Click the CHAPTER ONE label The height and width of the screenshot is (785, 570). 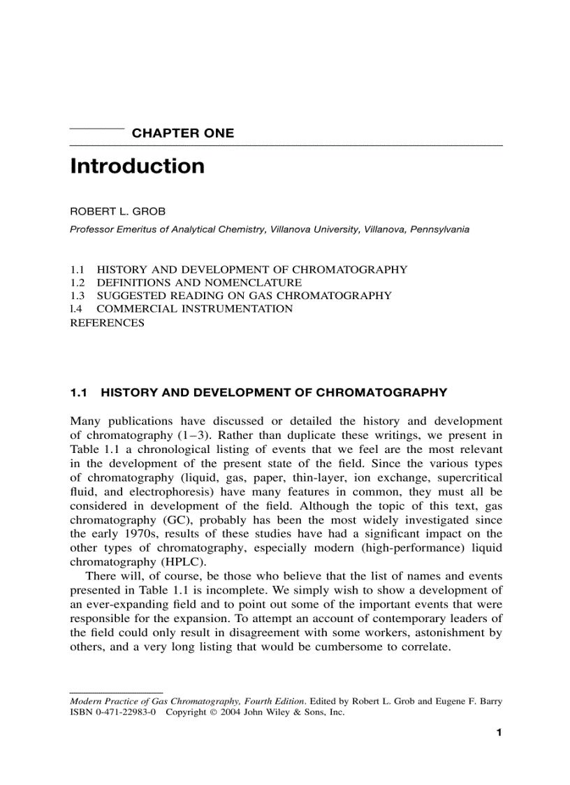click(x=182, y=134)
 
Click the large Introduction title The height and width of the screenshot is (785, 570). click(x=138, y=166)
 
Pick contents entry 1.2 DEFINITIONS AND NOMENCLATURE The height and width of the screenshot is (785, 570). click(x=187, y=283)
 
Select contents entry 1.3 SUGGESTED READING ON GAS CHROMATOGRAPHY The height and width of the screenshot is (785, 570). click(x=231, y=296)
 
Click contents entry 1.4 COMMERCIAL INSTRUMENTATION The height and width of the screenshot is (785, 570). click(x=182, y=309)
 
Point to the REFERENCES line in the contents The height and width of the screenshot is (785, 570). click(x=107, y=322)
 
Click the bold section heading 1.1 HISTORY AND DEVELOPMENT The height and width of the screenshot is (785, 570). click(x=258, y=393)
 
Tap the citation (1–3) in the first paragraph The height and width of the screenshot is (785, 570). click(x=175, y=435)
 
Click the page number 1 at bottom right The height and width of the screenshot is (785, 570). click(x=499, y=733)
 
